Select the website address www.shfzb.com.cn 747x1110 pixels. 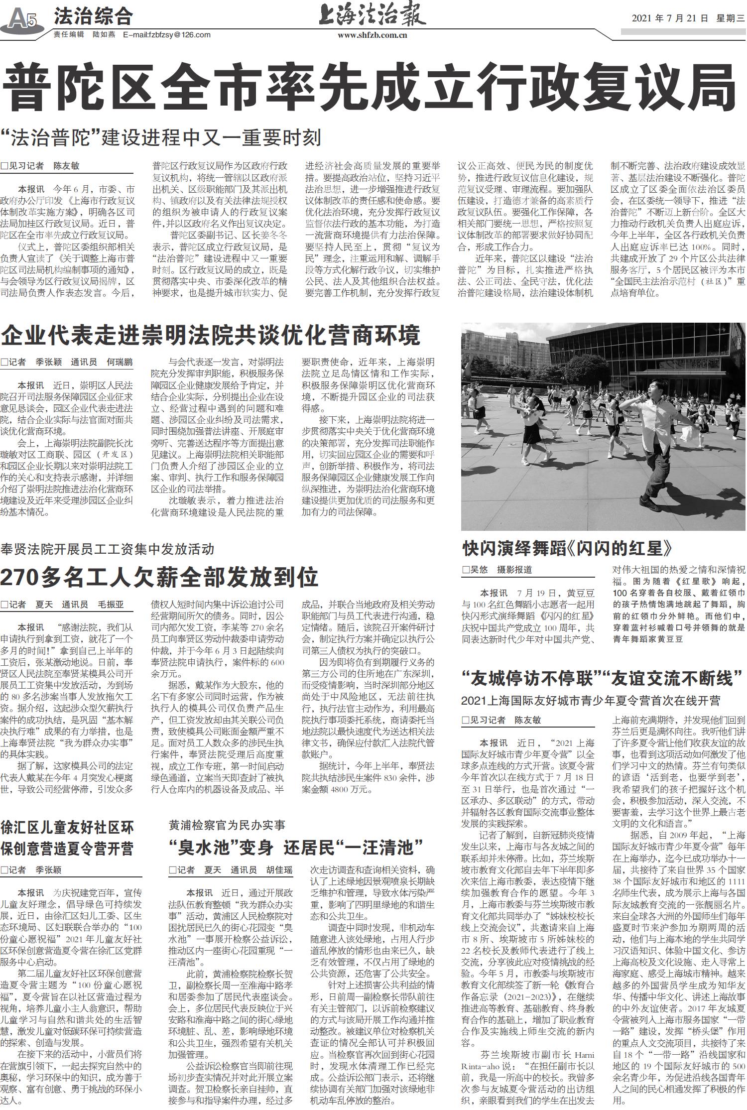pos(372,35)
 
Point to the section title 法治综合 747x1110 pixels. pos(93,17)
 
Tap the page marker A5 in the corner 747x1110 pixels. pos(22,20)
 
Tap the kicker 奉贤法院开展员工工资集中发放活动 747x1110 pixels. pos(107,549)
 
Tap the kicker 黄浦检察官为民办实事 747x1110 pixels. pos(227,825)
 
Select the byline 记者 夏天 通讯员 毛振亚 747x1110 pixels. pos(62,605)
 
